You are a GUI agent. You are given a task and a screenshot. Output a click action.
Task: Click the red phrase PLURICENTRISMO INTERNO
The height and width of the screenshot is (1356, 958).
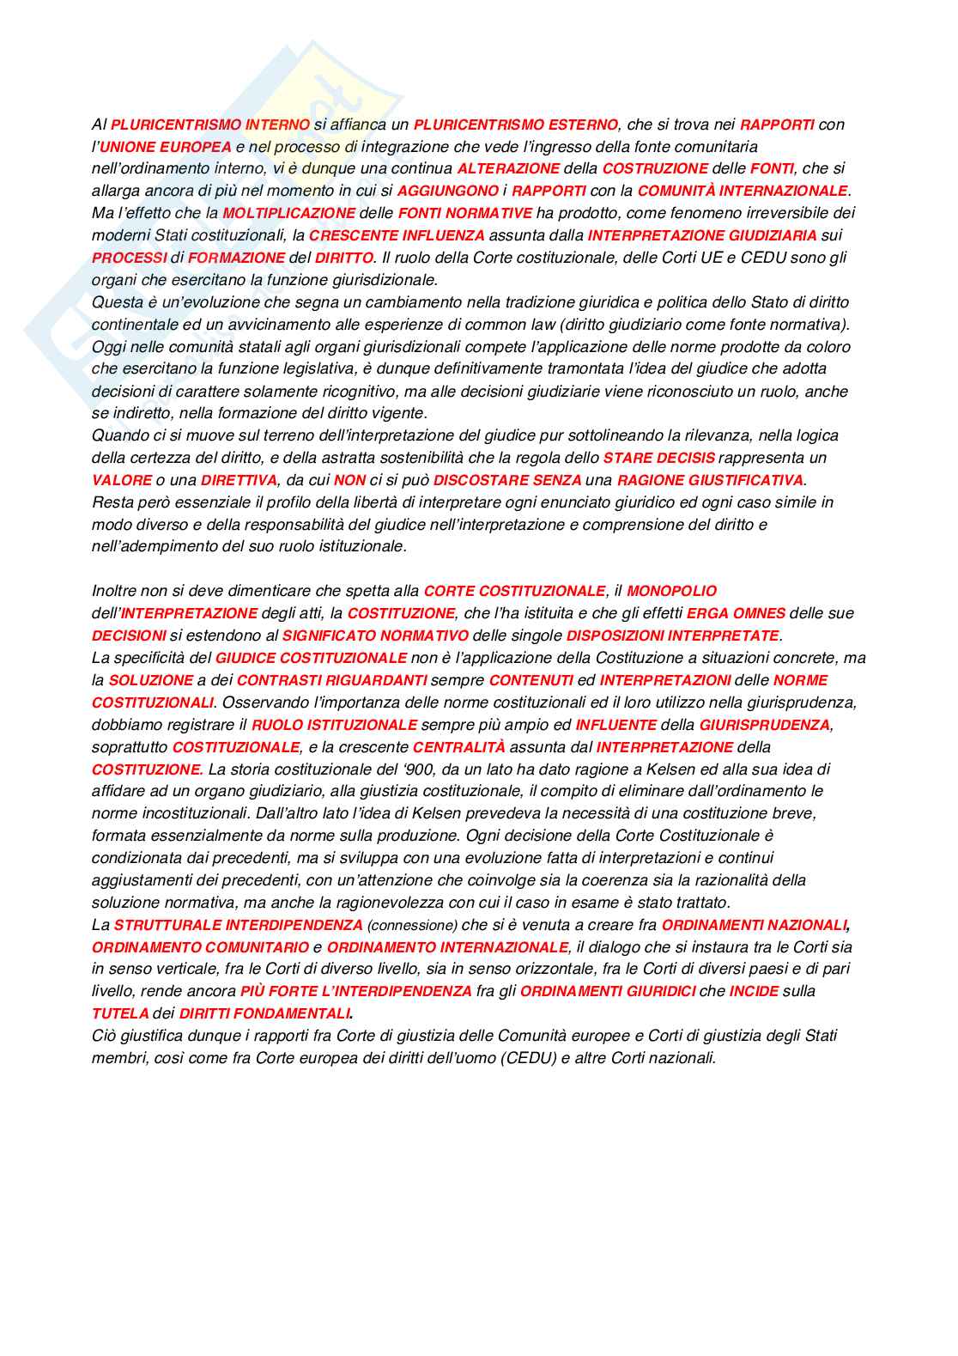(210, 125)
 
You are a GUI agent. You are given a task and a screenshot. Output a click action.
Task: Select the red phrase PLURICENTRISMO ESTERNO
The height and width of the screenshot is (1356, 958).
(515, 125)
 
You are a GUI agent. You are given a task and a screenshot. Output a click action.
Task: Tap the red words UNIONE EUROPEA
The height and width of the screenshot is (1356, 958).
(166, 147)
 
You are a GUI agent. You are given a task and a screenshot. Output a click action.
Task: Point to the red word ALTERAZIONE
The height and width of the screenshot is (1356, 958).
(508, 168)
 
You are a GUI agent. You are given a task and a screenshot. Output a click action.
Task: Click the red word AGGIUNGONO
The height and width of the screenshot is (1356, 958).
(447, 191)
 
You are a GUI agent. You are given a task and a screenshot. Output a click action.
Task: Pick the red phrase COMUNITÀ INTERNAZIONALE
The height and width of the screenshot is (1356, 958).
(742, 191)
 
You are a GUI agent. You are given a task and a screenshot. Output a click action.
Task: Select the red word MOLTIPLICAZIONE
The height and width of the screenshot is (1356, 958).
(288, 213)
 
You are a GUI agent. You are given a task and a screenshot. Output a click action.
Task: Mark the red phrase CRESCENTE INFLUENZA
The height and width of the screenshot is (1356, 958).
(397, 235)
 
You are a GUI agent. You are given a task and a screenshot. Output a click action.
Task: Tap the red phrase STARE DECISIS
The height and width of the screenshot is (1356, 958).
(659, 458)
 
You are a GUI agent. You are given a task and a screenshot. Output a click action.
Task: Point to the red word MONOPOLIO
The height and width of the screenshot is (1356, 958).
(671, 591)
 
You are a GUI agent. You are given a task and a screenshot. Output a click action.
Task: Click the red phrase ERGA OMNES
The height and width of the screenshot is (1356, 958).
(736, 613)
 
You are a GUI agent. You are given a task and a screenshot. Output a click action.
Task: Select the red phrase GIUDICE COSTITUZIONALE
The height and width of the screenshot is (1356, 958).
(311, 658)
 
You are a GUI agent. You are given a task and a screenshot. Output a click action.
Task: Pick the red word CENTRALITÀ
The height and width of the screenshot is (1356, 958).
(458, 747)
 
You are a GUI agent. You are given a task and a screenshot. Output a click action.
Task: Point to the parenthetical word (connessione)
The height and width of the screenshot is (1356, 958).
(411, 925)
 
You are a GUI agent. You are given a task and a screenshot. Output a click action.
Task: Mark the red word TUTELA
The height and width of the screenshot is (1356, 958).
(120, 1013)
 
